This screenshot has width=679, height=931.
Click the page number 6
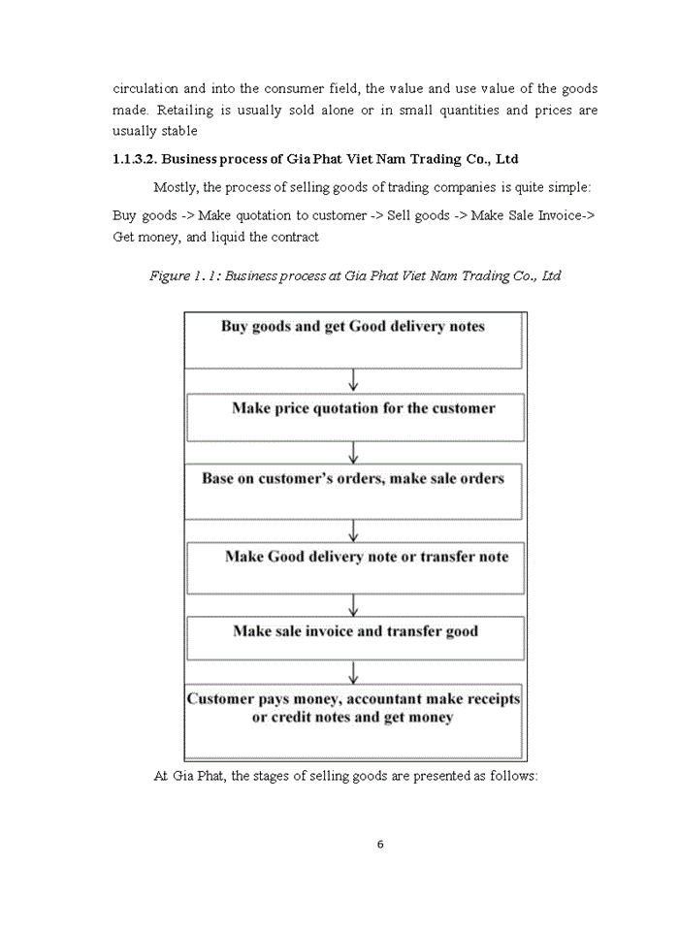(380, 844)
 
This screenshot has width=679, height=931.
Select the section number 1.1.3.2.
(143, 158)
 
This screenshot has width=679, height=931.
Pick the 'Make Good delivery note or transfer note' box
(355, 567)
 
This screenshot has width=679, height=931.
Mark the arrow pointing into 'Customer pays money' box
(354, 672)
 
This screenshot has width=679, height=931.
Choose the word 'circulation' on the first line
(145, 88)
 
